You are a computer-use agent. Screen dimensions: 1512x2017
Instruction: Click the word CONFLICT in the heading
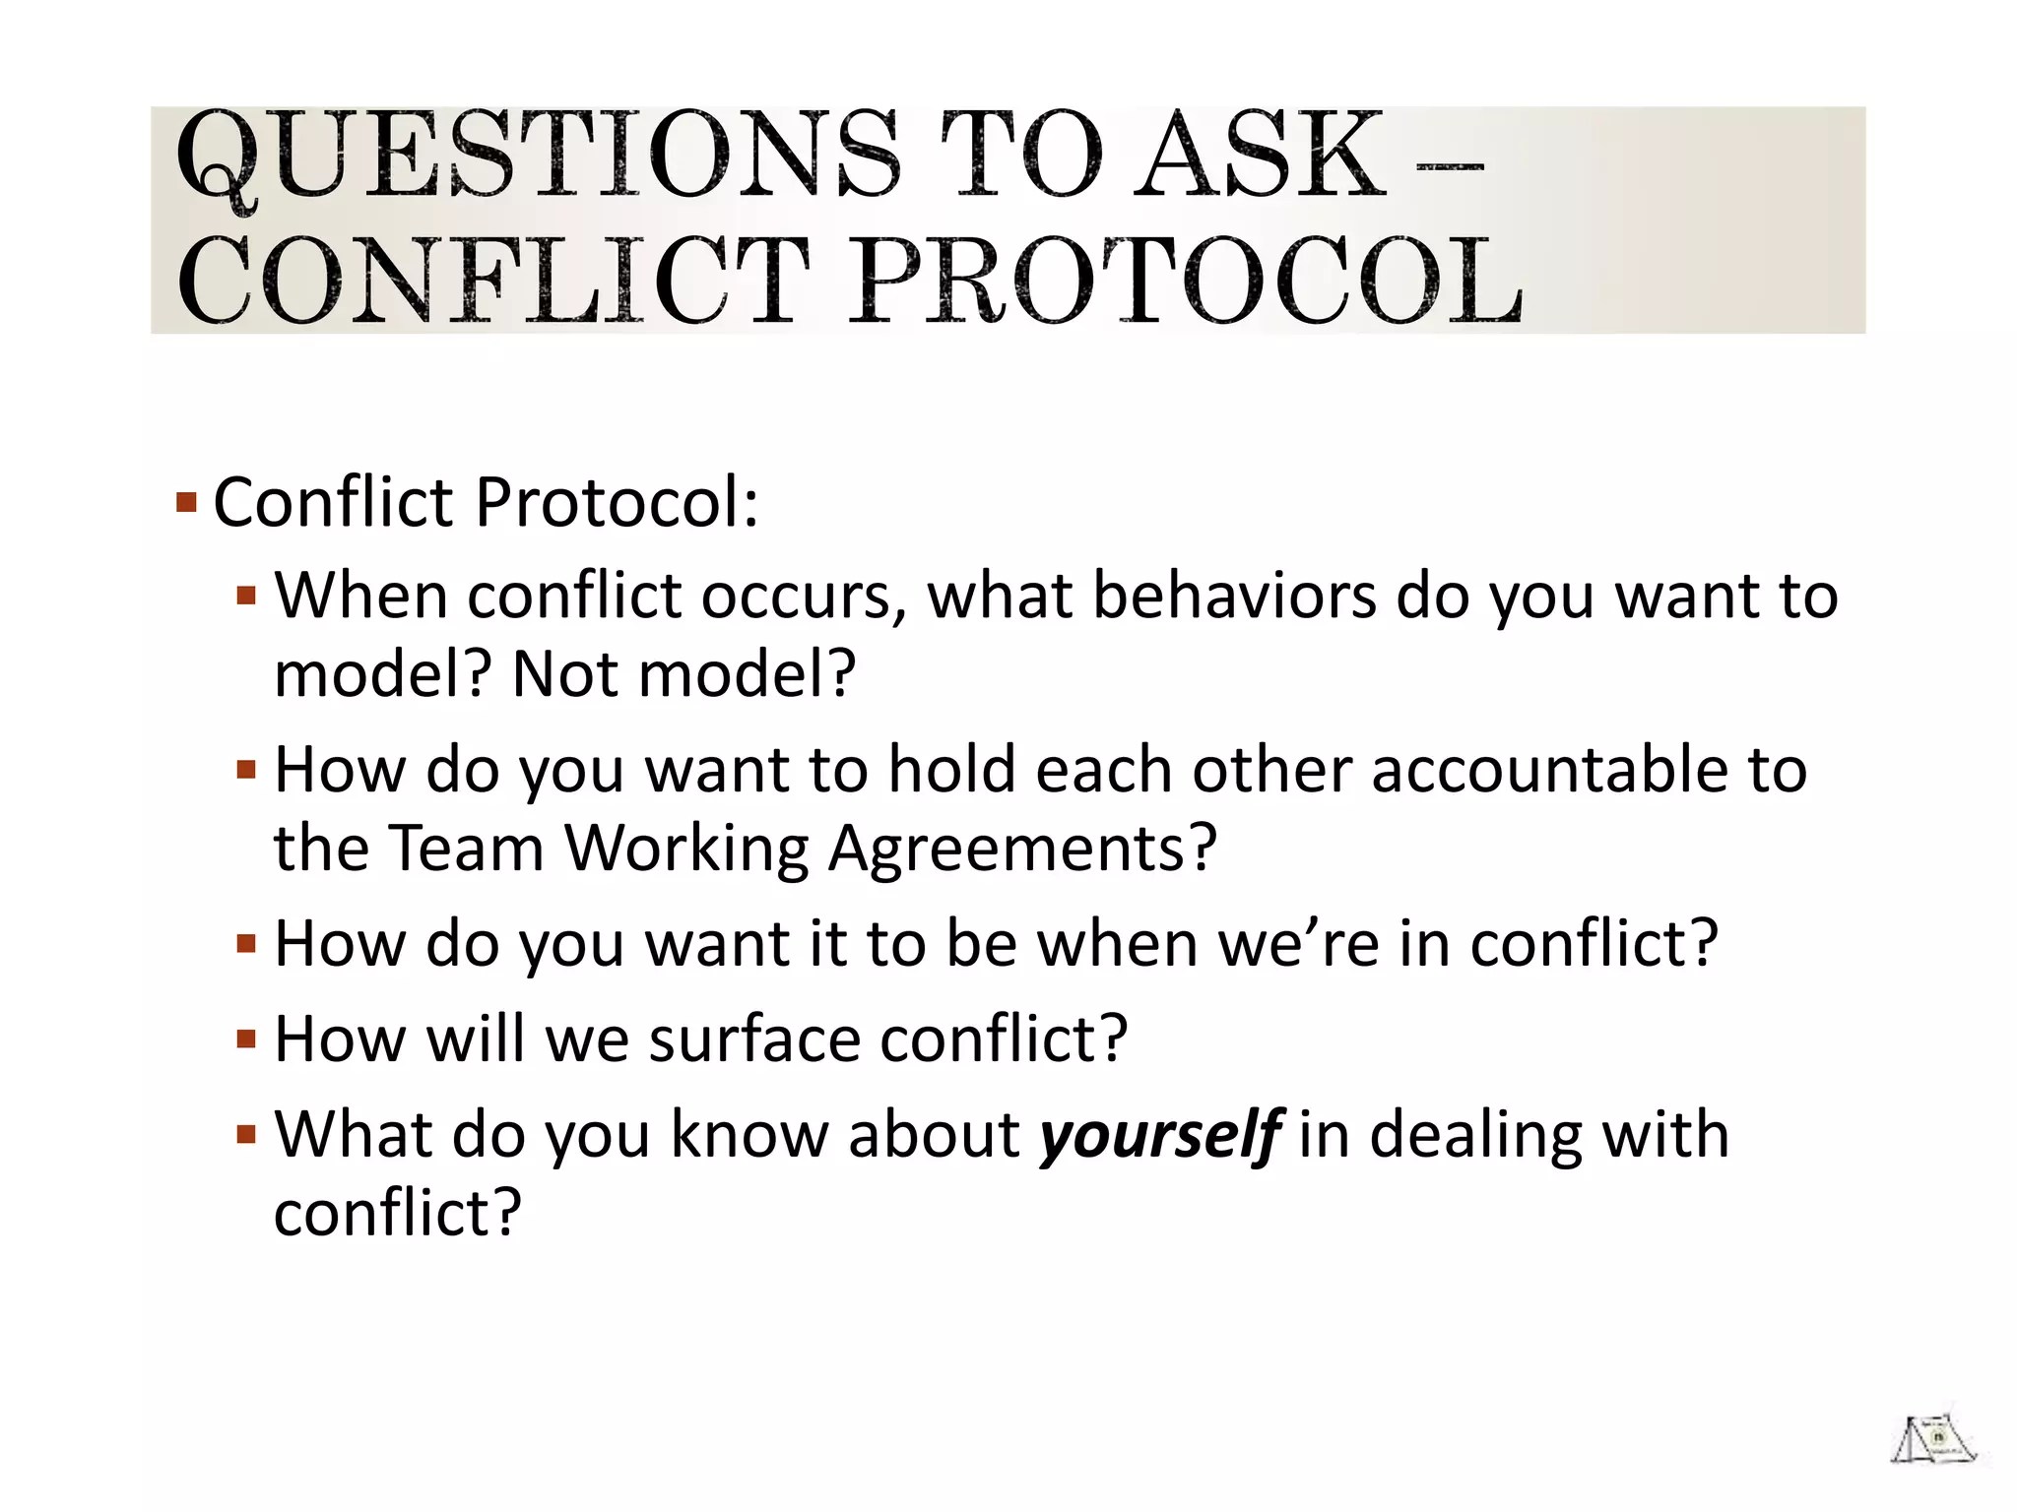(492, 283)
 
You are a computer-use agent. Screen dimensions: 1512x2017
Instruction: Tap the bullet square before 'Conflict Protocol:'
(186, 503)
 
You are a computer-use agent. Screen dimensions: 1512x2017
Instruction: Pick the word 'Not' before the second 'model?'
(565, 674)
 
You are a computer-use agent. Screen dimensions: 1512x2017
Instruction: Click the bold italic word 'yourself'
(1160, 1135)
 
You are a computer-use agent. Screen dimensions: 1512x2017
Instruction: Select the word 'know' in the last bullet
(748, 1134)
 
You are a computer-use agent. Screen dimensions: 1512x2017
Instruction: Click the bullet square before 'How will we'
(246, 1039)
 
